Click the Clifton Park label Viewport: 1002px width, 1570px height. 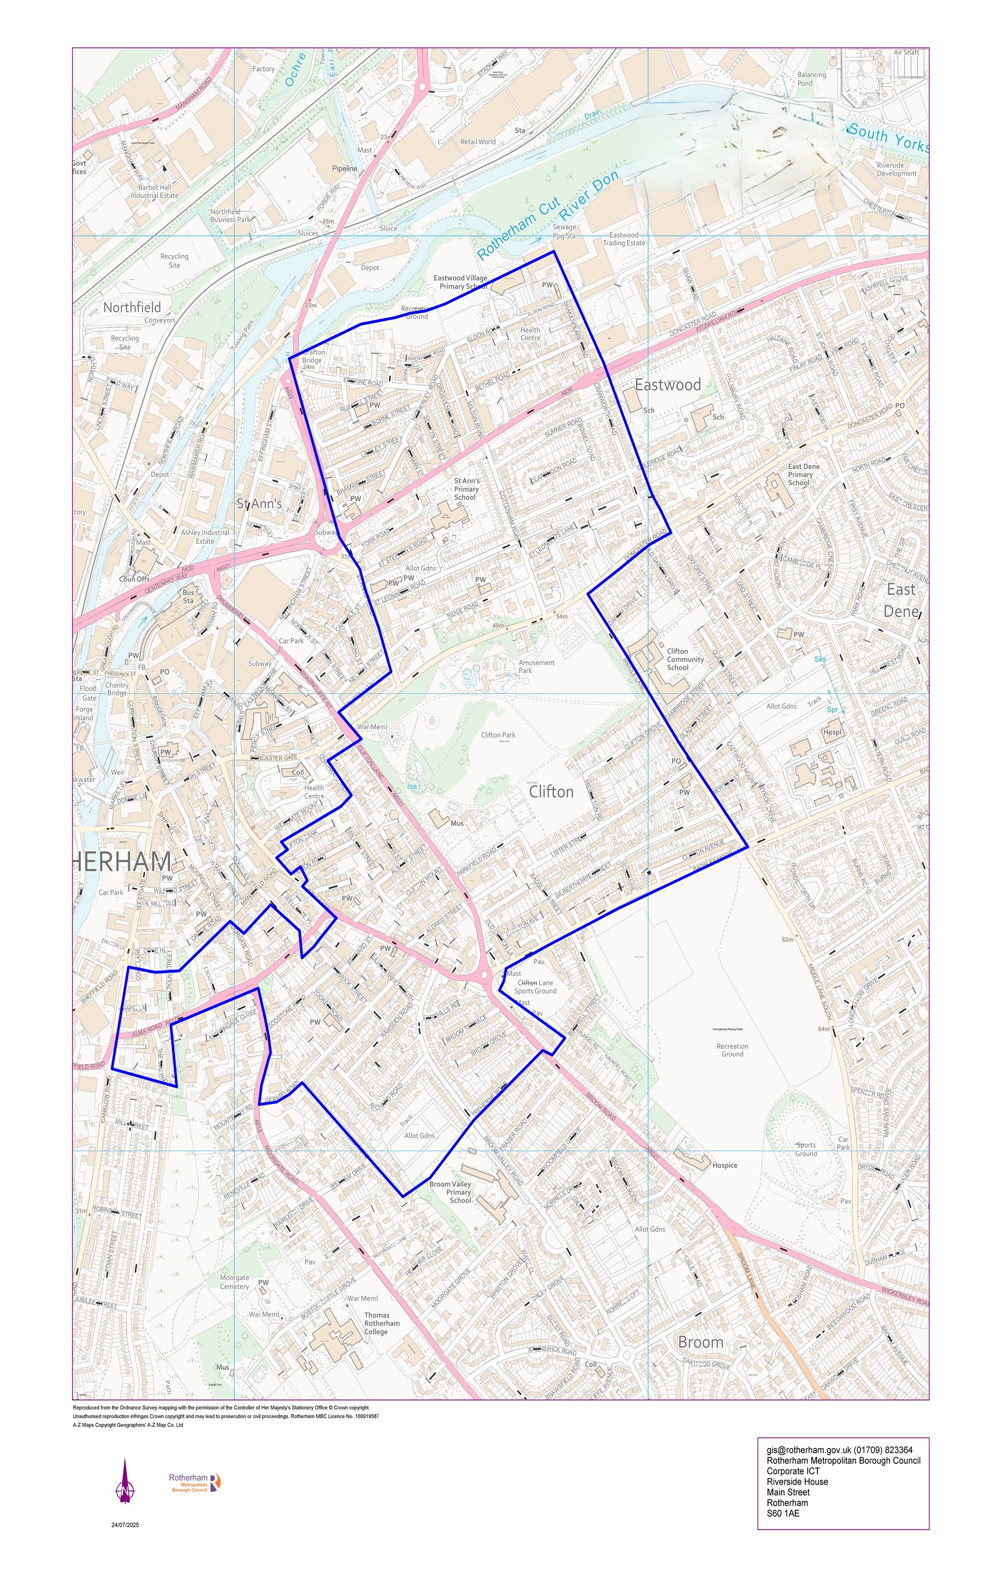(498, 735)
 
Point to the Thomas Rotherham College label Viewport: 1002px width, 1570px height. (382, 1323)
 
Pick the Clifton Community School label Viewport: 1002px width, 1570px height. (685, 659)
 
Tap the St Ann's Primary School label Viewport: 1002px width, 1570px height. (466, 489)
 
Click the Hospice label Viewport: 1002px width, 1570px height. (725, 1165)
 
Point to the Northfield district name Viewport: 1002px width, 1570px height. (132, 307)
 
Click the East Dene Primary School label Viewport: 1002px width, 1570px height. (803, 475)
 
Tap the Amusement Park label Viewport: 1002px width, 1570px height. (536, 666)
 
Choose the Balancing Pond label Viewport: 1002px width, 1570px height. (812, 79)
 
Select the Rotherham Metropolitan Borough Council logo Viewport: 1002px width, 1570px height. (195, 1482)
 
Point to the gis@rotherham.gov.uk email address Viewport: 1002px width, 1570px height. (807, 1450)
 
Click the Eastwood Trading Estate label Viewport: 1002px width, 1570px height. (623, 239)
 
